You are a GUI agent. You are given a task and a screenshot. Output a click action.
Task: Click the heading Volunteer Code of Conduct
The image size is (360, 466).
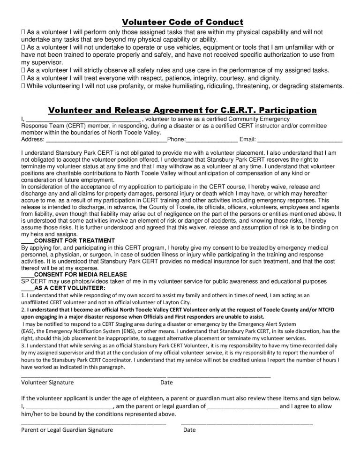tap(182, 22)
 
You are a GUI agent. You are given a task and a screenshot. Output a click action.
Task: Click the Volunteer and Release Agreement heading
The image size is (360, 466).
tap(182, 111)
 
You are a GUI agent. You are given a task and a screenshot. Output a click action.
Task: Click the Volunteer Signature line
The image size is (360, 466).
tap(94, 376)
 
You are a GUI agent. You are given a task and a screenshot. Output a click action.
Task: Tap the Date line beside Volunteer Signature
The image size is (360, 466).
tap(218, 376)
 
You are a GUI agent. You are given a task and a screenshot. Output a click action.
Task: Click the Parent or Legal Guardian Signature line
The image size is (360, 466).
tap(94, 423)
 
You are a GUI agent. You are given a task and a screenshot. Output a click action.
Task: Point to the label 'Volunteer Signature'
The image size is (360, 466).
tap(48, 382)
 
